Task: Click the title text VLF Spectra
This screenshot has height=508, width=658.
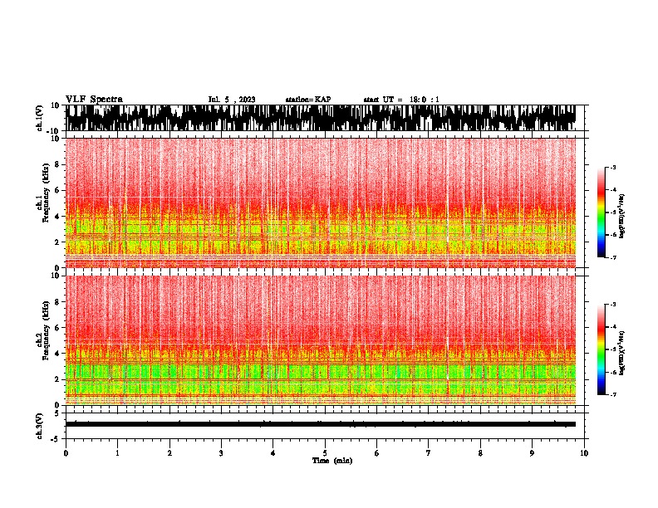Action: pos(94,100)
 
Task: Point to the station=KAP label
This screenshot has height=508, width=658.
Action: pos(307,100)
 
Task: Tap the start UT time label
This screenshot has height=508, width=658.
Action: pos(401,100)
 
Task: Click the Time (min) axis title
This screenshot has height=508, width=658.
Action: pos(332,460)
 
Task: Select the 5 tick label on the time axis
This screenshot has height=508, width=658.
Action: pos(325,452)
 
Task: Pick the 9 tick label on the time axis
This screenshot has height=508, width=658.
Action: pos(533,452)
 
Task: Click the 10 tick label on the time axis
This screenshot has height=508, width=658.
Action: pos(584,452)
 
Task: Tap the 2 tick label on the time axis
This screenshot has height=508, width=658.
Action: pos(169,452)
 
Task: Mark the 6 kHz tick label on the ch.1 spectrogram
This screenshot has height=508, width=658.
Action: pos(56,190)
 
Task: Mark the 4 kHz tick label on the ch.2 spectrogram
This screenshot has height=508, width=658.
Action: pos(56,353)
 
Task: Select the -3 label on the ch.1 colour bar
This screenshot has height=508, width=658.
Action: pos(612,168)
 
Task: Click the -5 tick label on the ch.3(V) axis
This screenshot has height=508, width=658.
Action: pos(55,437)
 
